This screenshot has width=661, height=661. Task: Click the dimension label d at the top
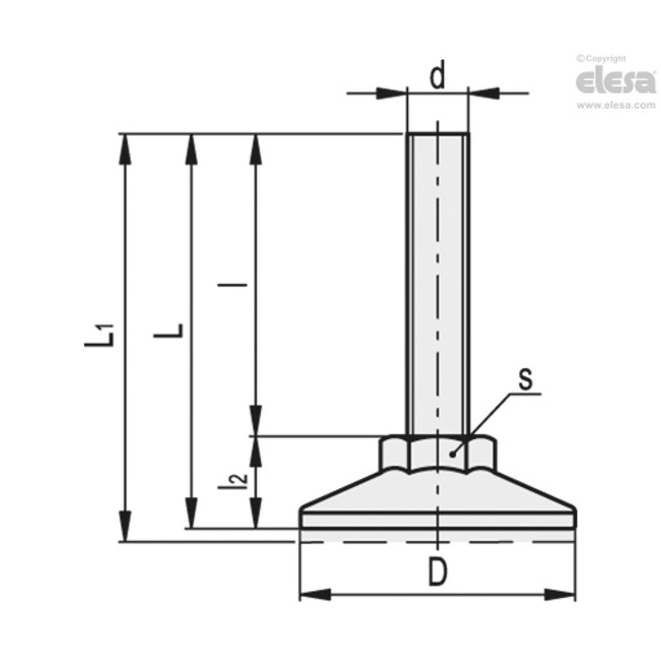(437, 76)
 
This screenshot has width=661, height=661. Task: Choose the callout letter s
(525, 380)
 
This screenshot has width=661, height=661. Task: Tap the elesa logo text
(615, 82)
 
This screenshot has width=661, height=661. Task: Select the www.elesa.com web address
(616, 106)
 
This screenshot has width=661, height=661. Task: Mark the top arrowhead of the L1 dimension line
(125, 147)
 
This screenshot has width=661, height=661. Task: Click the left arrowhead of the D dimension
(316, 595)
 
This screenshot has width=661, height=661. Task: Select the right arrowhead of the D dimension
(560, 595)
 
